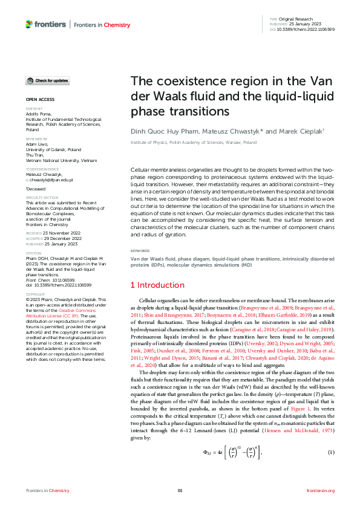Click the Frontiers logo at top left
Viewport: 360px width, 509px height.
[46, 24]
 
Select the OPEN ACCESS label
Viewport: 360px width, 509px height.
[39, 99]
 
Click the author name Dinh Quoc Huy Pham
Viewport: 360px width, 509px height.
[159, 131]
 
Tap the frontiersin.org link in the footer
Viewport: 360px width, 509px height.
[321, 490]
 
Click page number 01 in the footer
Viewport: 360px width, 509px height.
[180, 490]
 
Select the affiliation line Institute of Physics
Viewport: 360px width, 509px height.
[189, 143]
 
